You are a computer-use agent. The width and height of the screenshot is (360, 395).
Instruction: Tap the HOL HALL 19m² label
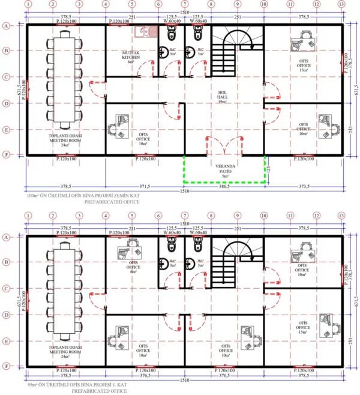tap(223, 97)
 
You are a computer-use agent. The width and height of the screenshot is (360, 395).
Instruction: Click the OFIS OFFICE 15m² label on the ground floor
tap(303, 65)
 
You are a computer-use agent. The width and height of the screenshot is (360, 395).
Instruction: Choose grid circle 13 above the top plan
tap(341, 4)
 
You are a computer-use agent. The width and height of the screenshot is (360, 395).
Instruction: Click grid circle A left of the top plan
tap(6, 26)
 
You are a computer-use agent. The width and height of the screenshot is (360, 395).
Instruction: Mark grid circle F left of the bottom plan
tap(6, 366)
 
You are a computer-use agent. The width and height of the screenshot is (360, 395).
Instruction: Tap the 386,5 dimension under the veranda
tap(224, 187)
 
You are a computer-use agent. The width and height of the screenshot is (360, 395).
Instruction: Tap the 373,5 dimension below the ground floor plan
tap(304, 187)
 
